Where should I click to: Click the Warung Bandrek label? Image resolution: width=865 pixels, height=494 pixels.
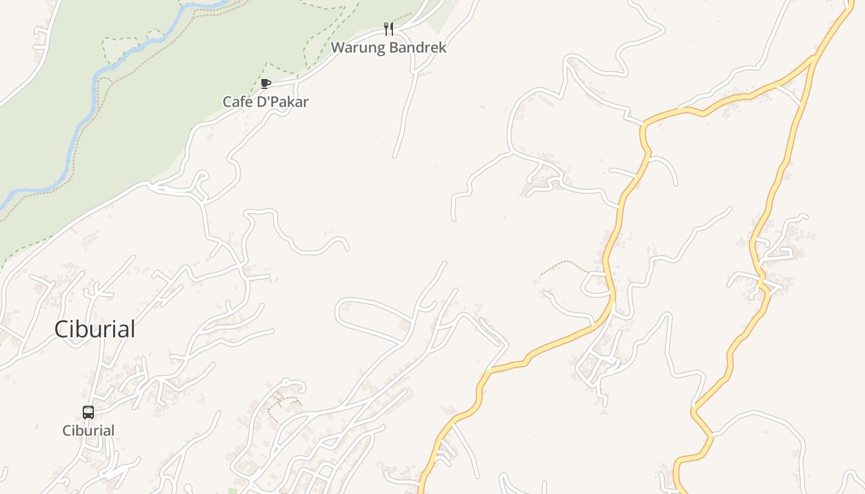pos(388,48)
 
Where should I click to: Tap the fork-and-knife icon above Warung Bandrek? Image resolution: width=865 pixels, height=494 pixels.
pos(389,29)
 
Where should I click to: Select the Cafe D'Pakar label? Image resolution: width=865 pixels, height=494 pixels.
pos(265,102)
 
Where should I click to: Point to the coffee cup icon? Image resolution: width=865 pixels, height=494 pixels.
pos(266,83)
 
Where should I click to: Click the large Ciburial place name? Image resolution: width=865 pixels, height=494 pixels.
pos(95,329)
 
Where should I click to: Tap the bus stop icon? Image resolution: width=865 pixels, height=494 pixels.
pos(88,412)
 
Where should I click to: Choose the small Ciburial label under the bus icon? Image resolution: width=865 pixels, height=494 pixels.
pos(88,430)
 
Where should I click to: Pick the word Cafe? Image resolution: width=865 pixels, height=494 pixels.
pos(237,102)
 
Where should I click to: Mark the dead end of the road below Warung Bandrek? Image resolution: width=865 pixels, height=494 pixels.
pos(394,156)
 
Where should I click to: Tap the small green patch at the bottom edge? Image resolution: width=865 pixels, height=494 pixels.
pos(232,491)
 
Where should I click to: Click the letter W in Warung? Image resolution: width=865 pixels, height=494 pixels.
pos(337,48)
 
